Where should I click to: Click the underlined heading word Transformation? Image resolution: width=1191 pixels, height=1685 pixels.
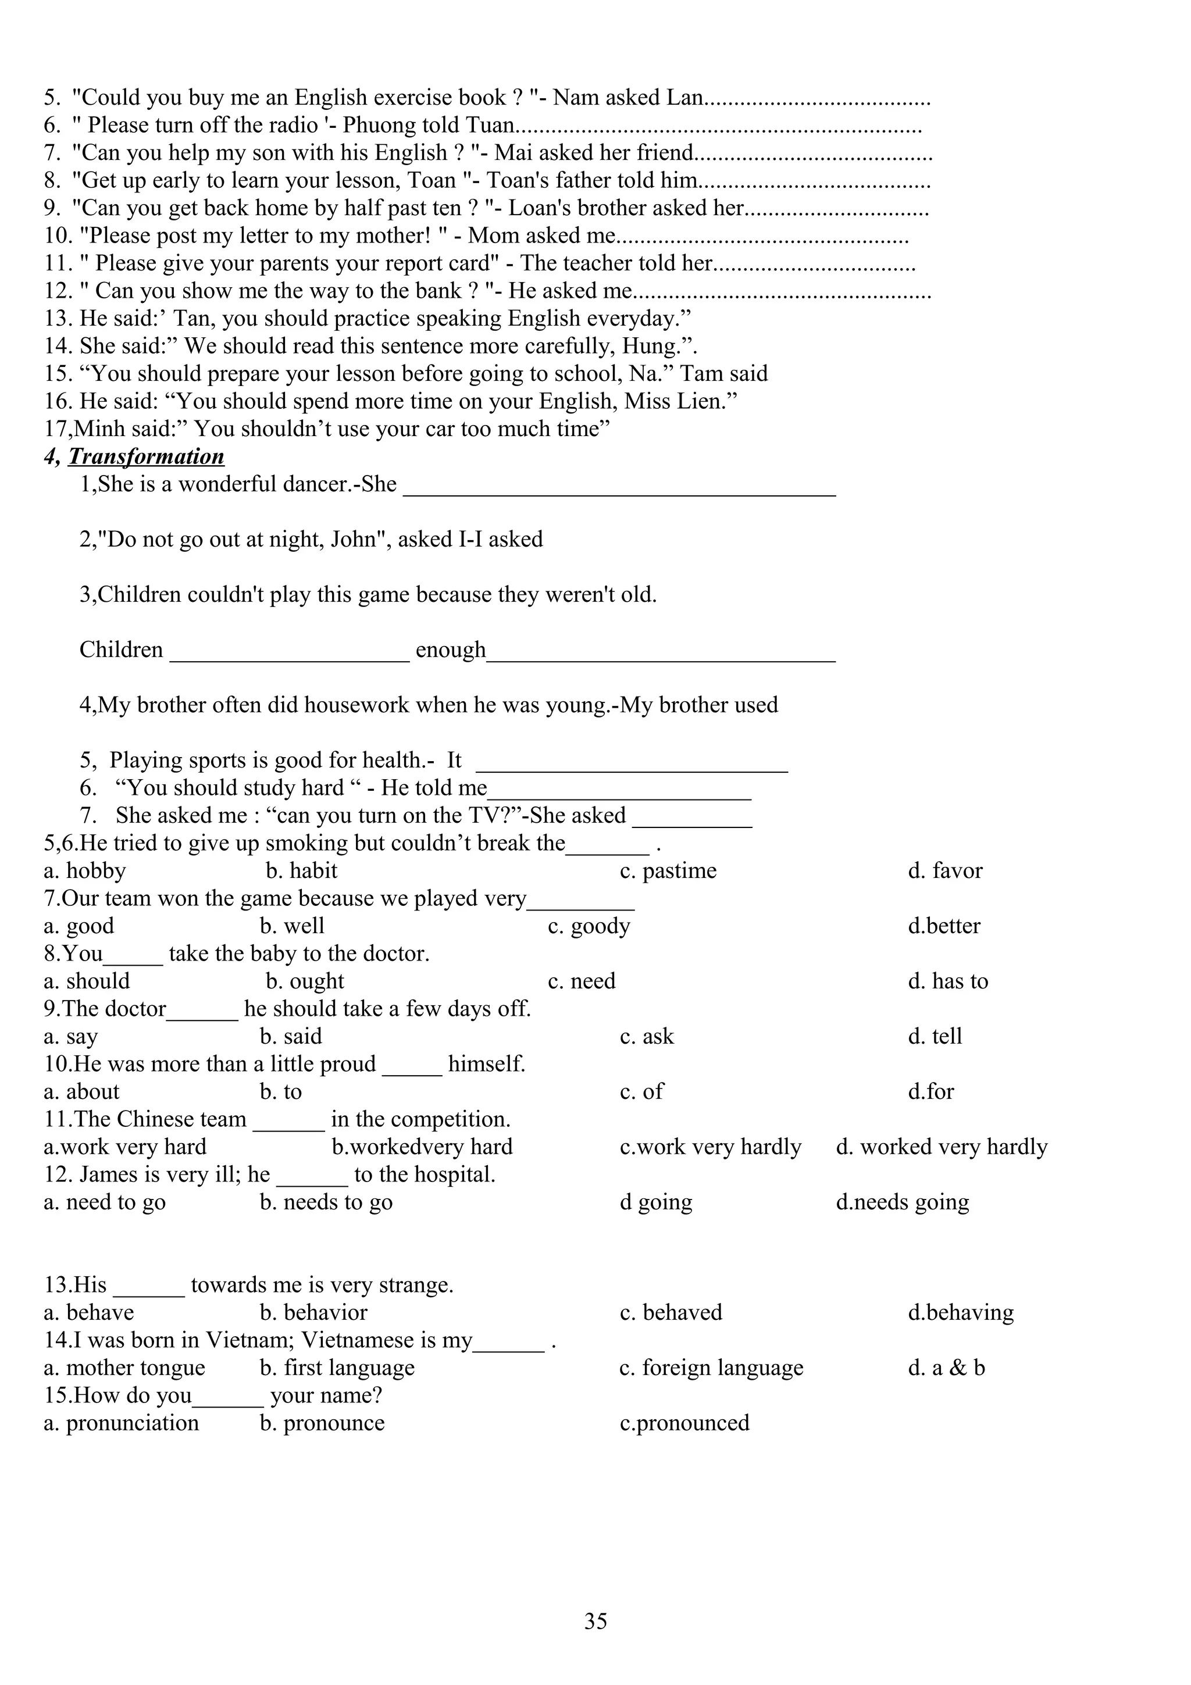tap(146, 456)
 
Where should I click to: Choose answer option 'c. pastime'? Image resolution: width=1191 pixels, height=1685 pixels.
tap(668, 870)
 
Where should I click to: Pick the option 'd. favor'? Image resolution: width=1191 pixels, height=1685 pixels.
tap(944, 870)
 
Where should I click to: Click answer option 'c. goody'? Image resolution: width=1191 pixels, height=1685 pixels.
tap(589, 926)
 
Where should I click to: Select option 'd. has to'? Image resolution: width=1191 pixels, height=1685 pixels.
tap(947, 981)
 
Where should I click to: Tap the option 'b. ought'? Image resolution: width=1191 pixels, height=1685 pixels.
tap(305, 981)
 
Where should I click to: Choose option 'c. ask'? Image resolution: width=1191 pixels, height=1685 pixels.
tap(647, 1036)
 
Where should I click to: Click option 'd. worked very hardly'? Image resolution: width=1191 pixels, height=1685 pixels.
tap(942, 1147)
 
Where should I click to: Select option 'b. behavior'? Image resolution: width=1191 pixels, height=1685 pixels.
tap(313, 1312)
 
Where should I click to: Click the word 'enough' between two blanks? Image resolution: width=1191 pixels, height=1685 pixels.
tap(451, 649)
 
